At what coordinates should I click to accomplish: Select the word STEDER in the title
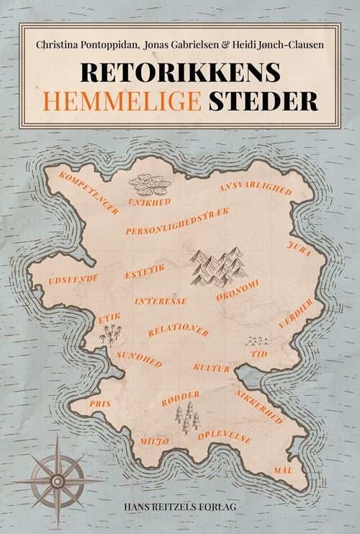[264, 100]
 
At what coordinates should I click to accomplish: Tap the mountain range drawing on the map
[218, 266]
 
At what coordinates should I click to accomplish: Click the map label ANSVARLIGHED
[256, 190]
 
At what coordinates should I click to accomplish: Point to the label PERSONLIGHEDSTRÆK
[177, 222]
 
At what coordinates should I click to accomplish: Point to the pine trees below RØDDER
[187, 417]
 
